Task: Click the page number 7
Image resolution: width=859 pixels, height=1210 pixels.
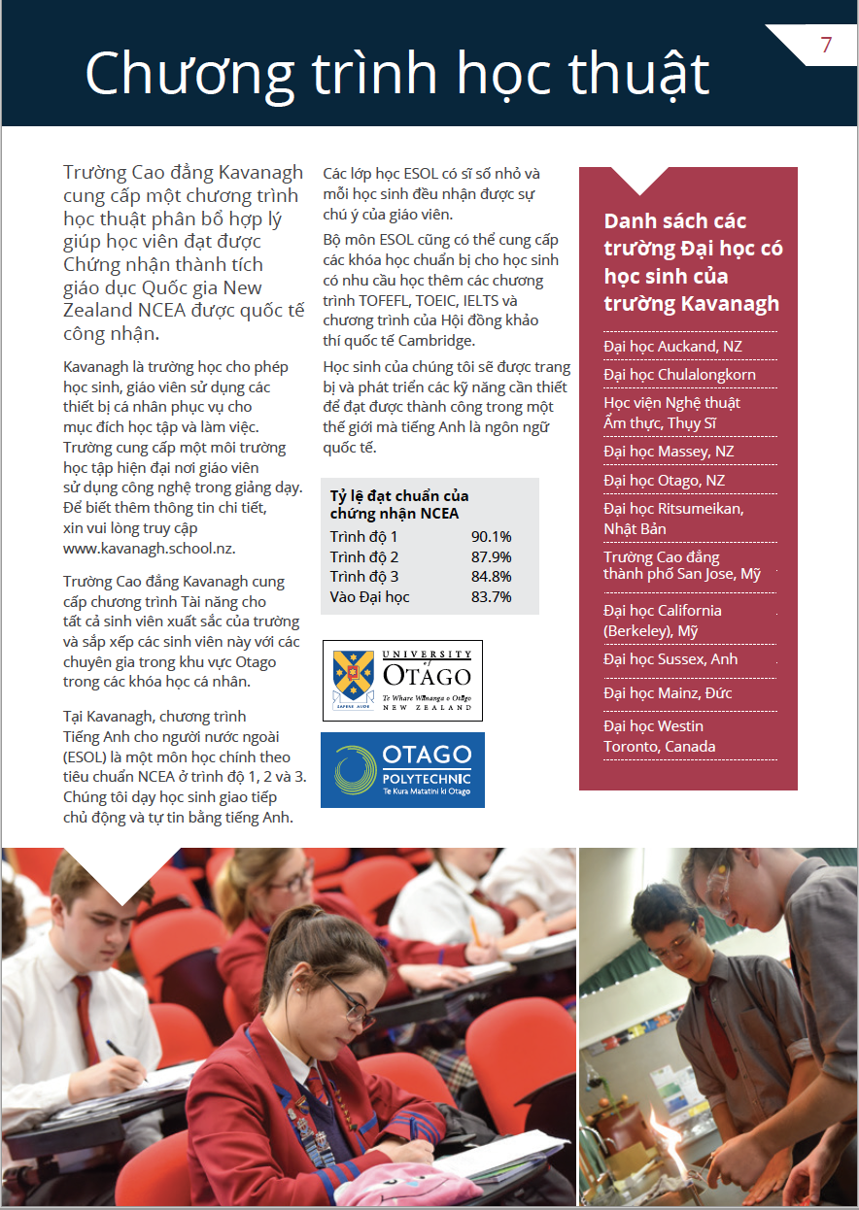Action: point(826,45)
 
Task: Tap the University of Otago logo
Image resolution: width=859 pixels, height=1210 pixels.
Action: point(402,680)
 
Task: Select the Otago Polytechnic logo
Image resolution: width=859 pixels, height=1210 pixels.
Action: point(402,770)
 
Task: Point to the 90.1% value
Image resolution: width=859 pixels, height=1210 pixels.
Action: point(491,537)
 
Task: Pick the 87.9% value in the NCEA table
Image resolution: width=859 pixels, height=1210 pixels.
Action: point(491,557)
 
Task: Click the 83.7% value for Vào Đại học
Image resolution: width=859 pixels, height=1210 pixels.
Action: point(491,597)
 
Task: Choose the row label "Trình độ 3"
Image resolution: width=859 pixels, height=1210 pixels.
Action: point(364,577)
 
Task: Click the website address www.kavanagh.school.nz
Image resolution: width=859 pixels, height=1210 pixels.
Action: point(149,548)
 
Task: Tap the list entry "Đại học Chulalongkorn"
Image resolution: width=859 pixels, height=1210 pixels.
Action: point(679,375)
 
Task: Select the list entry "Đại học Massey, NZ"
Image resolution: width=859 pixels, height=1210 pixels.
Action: point(669,452)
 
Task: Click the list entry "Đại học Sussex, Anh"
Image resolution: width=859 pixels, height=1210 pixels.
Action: point(670,659)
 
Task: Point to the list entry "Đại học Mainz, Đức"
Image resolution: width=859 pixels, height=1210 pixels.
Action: point(668,693)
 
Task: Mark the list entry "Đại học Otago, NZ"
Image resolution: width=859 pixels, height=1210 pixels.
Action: point(664,481)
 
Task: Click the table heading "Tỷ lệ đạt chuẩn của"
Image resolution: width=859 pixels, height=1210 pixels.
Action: point(398,496)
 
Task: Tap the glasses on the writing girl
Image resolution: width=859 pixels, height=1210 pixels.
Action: point(350,999)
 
